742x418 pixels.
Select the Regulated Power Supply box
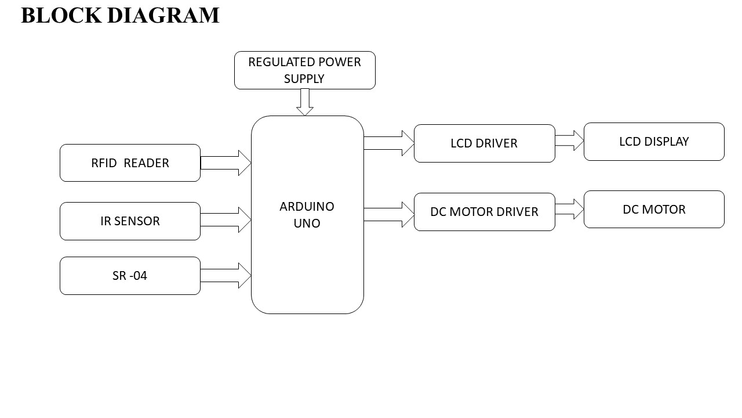pyautogui.click(x=304, y=70)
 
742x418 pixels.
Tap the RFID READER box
pyautogui.click(x=130, y=163)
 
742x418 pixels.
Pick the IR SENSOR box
pyautogui.click(x=130, y=221)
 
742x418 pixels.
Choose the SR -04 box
pyautogui.click(x=130, y=276)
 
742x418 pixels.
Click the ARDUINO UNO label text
pyautogui.click(x=307, y=215)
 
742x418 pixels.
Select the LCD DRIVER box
pyautogui.click(x=484, y=143)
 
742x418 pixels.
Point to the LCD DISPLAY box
pyautogui.click(x=654, y=142)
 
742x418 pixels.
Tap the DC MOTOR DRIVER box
pyautogui.click(x=484, y=212)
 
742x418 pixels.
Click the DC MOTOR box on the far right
pyautogui.click(x=654, y=210)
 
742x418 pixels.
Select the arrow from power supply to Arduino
pyautogui.click(x=305, y=102)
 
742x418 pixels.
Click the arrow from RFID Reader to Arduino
pyautogui.click(x=226, y=163)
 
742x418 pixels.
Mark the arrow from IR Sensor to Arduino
pyautogui.click(x=226, y=220)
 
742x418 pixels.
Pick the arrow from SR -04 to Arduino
pyautogui.click(x=226, y=275)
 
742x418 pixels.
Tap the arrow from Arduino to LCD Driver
pyautogui.click(x=389, y=143)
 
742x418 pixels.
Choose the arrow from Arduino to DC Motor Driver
pyautogui.click(x=389, y=214)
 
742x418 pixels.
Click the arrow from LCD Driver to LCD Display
pyautogui.click(x=569, y=140)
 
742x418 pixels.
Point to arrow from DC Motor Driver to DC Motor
pyautogui.click(x=569, y=209)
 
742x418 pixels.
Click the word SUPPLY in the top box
pyautogui.click(x=304, y=78)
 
